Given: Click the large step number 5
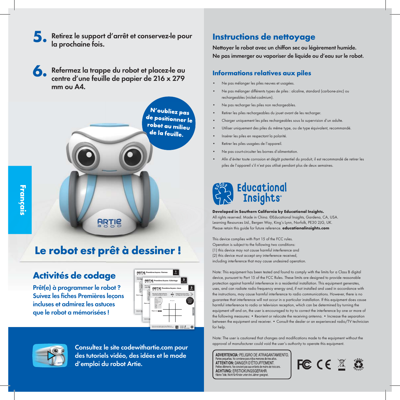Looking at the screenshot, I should click(40, 37).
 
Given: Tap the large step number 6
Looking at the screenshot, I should click(40, 71).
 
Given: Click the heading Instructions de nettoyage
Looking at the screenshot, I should click(264, 37).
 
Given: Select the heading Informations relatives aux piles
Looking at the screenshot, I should click(262, 73).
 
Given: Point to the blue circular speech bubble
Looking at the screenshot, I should click(170, 123).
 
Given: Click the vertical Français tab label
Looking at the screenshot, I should click(22, 200).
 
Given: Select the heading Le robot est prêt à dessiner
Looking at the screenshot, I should click(108, 250).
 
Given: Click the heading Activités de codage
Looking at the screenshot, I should click(74, 276).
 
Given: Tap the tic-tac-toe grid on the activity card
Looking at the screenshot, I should click(172, 312).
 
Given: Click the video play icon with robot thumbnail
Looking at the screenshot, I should click(51, 355).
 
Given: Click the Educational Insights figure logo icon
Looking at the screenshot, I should click(223, 194).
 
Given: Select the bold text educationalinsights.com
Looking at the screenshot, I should click(306, 228).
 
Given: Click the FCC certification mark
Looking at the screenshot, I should click(304, 364).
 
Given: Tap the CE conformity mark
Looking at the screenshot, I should click(324, 364).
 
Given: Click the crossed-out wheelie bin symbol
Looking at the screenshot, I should click(342, 364).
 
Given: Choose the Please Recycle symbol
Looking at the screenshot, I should click(358, 364).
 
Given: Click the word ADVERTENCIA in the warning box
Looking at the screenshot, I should click(227, 355).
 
